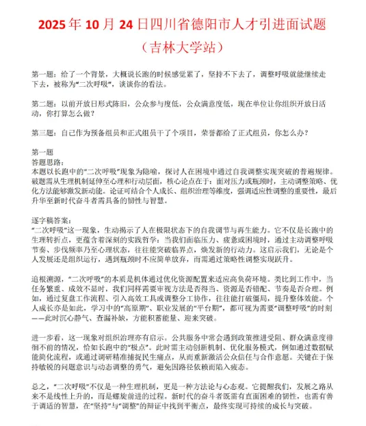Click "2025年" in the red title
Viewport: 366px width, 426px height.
point(58,25)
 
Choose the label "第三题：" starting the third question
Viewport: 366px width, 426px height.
point(46,133)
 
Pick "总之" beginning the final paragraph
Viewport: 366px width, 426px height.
point(39,386)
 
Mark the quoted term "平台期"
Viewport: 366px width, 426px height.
point(213,308)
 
